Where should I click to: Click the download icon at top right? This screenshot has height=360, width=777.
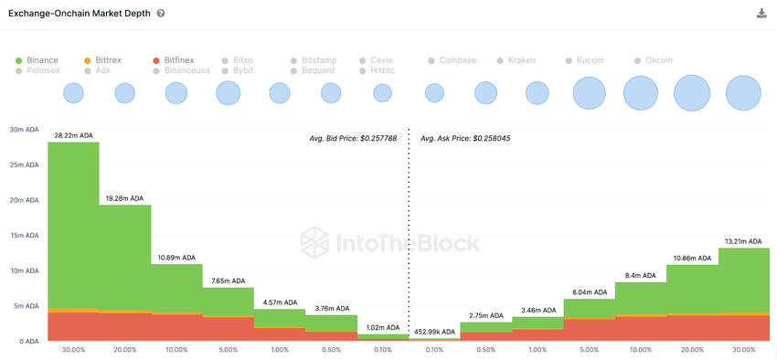(761, 14)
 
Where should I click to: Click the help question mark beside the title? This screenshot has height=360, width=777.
(161, 14)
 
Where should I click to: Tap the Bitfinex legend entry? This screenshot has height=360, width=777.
(179, 60)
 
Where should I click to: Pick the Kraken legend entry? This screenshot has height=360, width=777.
(521, 60)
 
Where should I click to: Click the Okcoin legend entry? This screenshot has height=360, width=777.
(658, 60)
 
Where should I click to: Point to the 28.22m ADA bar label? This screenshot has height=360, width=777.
(73, 135)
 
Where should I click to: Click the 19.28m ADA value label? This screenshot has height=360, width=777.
(124, 198)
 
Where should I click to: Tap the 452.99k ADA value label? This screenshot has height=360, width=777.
(434, 333)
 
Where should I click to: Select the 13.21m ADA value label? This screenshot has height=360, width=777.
(743, 242)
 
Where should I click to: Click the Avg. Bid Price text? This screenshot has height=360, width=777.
(353, 139)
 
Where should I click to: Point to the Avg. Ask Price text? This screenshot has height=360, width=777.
(465, 139)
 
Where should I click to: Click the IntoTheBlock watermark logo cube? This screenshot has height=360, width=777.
(314, 242)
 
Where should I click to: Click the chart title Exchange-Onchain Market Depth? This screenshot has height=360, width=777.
(80, 14)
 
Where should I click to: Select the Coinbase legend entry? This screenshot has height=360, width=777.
(457, 60)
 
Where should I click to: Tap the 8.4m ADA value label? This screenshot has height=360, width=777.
(640, 275)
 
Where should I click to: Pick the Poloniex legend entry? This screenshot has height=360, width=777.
(43, 70)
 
